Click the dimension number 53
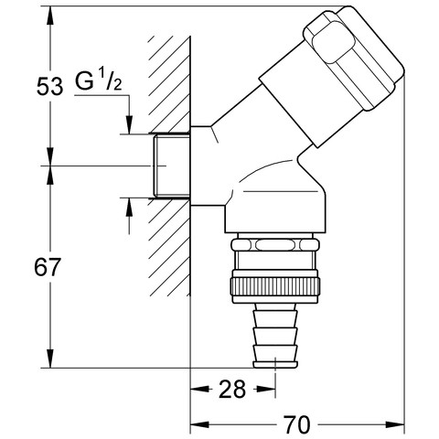click(49, 86)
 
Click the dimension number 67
click(48, 267)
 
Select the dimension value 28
click(232, 389)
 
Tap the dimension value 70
click(297, 424)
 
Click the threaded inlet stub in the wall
click(172, 166)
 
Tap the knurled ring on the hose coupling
click(275, 286)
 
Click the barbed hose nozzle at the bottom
click(275, 336)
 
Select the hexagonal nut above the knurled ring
click(275, 245)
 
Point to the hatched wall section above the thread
click(169, 85)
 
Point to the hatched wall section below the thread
click(169, 247)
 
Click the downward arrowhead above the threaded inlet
click(129, 124)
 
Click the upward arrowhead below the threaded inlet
click(129, 208)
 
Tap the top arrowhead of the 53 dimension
click(50, 16)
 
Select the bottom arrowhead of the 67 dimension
click(50, 359)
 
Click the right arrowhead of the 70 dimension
click(395, 424)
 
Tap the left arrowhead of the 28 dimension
click(200, 389)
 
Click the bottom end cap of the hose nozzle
click(275, 365)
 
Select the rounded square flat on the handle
click(333, 45)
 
